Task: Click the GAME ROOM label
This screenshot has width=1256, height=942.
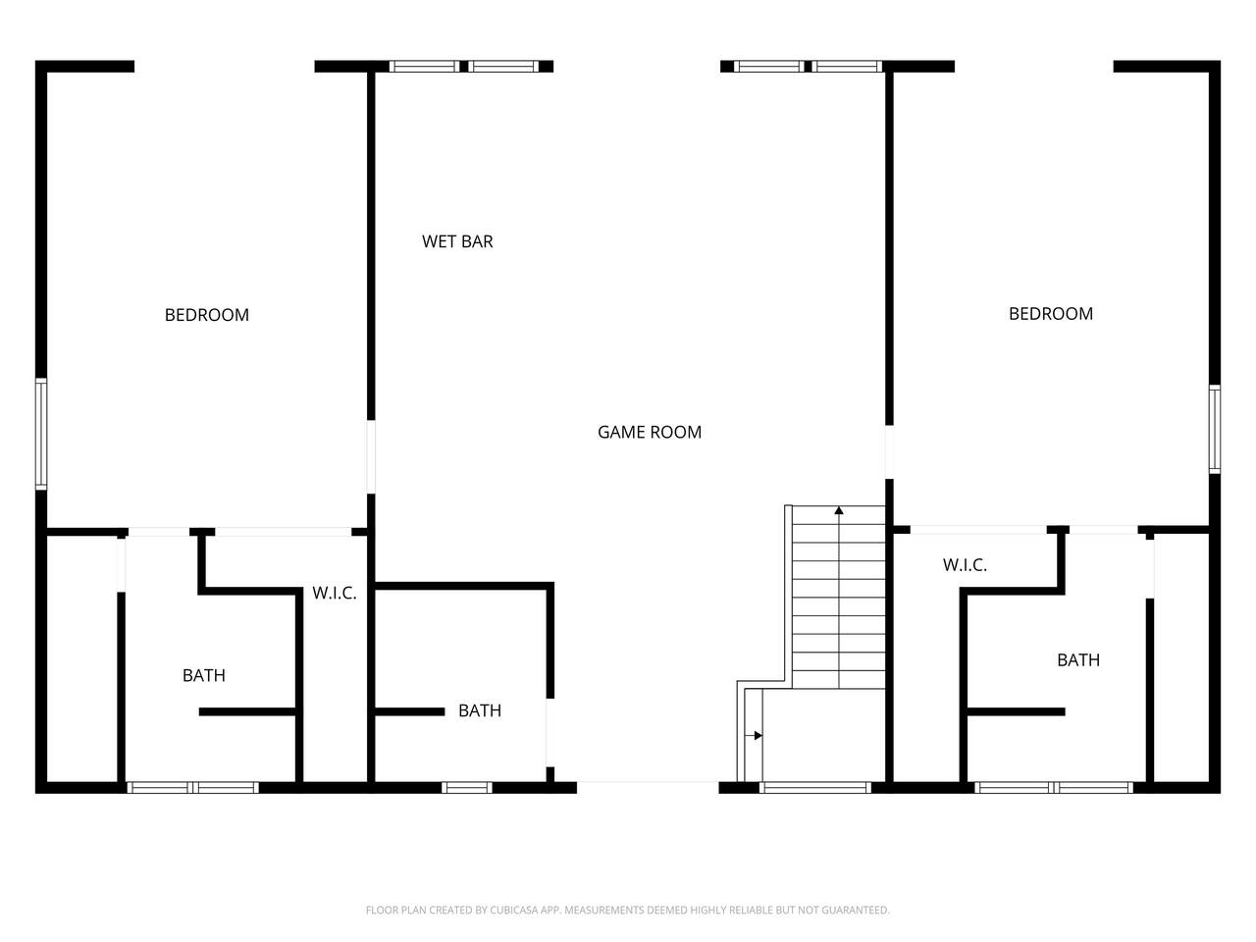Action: point(649,432)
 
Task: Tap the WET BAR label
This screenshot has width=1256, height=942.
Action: point(457,241)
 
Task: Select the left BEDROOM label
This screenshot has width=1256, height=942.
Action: point(207,315)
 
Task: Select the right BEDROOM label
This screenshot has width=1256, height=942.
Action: point(1051,313)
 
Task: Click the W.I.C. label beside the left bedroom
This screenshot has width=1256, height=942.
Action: point(335,593)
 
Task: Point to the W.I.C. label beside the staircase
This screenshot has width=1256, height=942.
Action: point(965,565)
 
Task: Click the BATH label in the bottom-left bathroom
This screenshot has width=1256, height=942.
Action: point(204,675)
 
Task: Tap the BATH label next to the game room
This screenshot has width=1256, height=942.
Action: point(480,710)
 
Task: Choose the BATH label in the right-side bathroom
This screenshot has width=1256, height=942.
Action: point(1078,660)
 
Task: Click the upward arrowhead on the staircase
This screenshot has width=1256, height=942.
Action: point(838,510)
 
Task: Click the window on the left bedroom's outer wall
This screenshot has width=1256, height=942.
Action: point(41,434)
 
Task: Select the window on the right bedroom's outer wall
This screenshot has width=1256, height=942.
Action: point(1214,430)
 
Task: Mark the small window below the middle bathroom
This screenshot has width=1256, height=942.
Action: point(466,788)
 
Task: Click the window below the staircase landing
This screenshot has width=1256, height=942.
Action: point(814,788)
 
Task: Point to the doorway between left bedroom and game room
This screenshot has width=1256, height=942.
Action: point(371,457)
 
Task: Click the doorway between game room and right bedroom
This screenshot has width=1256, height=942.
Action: point(889,452)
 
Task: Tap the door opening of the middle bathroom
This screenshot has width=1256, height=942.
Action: point(549,733)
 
